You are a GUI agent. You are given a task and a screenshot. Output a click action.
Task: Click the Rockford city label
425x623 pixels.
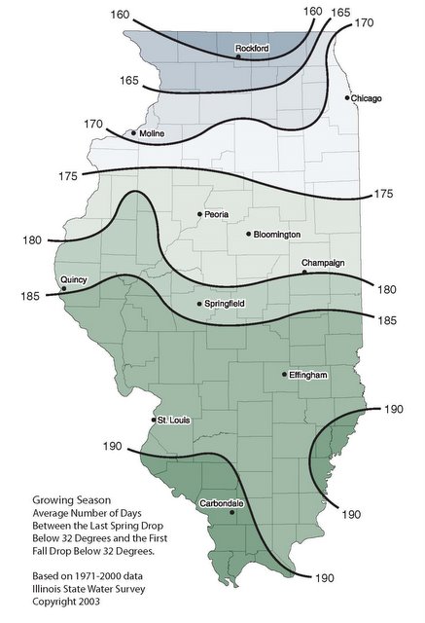252,47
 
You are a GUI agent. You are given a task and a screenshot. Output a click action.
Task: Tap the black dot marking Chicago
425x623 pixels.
347,97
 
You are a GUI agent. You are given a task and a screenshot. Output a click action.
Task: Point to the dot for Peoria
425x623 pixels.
199,214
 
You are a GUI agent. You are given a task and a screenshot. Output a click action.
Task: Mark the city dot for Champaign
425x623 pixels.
304,273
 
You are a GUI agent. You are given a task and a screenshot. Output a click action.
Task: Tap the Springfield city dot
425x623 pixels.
198,305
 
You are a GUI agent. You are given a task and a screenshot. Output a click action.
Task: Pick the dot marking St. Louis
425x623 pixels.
153,420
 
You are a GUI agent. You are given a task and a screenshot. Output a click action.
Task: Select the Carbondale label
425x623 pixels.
221,502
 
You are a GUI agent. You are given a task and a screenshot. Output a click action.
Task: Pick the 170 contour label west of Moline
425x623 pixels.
93,125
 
